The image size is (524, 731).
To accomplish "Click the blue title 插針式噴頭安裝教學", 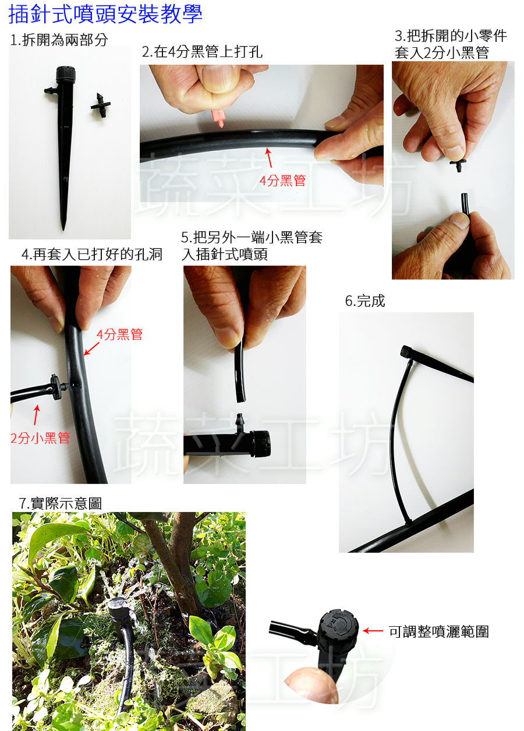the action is pyautogui.click(x=105, y=15).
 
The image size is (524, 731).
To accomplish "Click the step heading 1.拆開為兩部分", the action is pyautogui.click(x=59, y=40).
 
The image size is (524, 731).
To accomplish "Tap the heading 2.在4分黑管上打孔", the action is pyautogui.click(x=202, y=52).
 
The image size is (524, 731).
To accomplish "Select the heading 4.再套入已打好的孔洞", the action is pyautogui.click(x=92, y=254).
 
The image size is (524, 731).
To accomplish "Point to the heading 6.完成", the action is pyautogui.click(x=365, y=301).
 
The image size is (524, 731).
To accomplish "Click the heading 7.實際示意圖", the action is pyautogui.click(x=61, y=503).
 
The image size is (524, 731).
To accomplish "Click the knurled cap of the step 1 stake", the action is pyautogui.click(x=65, y=75).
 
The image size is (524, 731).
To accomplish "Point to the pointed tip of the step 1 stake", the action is pyautogui.click(x=63, y=229).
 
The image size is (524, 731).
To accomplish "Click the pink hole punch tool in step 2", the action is pyautogui.click(x=218, y=118).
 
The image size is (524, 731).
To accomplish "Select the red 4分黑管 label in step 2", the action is pyautogui.click(x=282, y=181).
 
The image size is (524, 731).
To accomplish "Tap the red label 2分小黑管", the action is pyautogui.click(x=40, y=438).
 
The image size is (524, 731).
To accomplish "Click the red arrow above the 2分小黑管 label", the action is pyautogui.click(x=37, y=415).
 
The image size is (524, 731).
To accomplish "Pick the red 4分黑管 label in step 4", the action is pyautogui.click(x=119, y=334).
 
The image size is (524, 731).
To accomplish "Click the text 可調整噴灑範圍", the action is pyautogui.click(x=439, y=632).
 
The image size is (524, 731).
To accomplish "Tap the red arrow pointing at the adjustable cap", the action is pyautogui.click(x=373, y=631).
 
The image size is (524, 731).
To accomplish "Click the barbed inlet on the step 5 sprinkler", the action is pyautogui.click(x=240, y=423).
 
